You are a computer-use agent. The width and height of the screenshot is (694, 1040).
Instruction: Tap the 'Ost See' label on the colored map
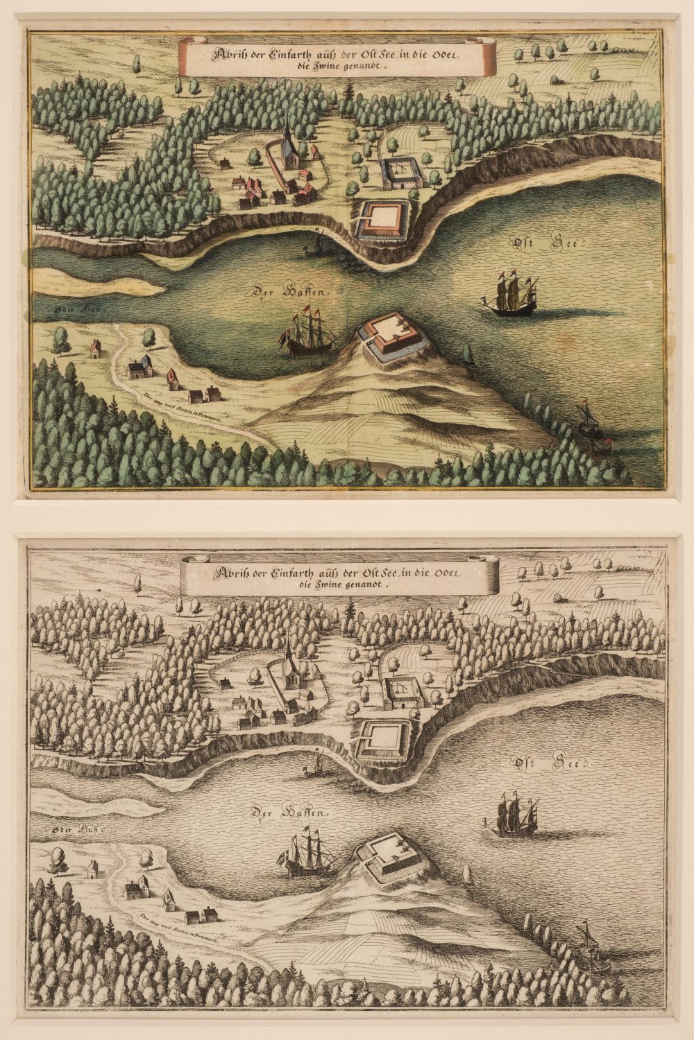(550, 243)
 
